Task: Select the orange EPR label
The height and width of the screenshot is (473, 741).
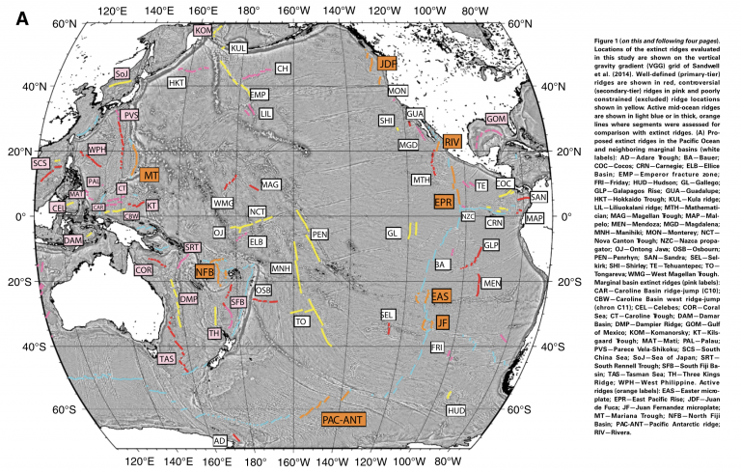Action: click(x=444, y=202)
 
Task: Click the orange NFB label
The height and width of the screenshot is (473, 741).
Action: click(x=206, y=271)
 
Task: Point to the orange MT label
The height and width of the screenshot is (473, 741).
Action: click(x=150, y=177)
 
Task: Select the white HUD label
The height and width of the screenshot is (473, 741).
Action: click(x=456, y=411)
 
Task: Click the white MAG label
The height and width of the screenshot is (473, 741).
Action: click(x=270, y=184)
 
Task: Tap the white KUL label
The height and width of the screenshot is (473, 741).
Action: click(x=238, y=47)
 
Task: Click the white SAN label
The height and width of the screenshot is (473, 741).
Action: click(x=537, y=197)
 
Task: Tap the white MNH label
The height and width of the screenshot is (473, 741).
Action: click(x=281, y=267)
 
